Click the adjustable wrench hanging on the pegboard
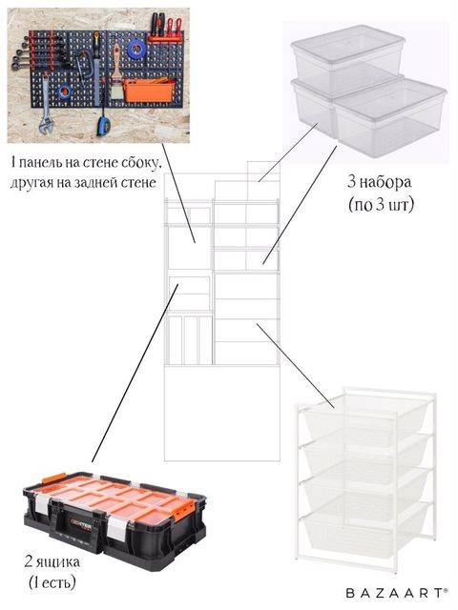[45, 109]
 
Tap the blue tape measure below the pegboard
[104, 125]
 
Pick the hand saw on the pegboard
[96, 61]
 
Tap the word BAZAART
[395, 593]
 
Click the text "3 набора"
[380, 182]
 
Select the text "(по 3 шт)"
[381, 204]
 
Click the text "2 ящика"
[52, 561]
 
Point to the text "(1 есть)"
[52, 582]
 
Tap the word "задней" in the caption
[97, 182]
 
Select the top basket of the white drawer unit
[366, 415]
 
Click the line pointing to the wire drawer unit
[296, 366]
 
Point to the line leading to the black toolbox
[135, 373]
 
